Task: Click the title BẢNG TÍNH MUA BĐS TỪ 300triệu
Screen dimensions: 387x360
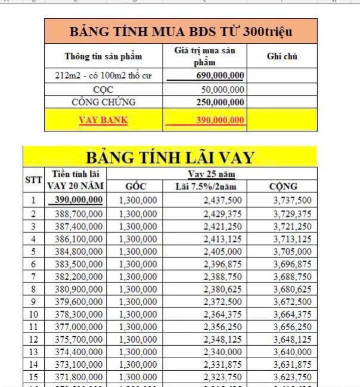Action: tap(181, 31)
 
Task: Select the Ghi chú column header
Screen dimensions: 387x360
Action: tap(282, 56)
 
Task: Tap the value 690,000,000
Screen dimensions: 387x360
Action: tap(220, 75)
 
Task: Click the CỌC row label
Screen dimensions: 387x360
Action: tap(103, 90)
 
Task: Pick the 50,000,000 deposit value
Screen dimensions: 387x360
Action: tap(222, 90)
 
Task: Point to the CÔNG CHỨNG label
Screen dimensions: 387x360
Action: tap(103, 102)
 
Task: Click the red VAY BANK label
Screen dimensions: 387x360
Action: tap(103, 120)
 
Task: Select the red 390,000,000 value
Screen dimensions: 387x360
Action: tap(220, 120)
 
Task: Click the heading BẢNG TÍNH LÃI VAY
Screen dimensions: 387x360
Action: tap(170, 157)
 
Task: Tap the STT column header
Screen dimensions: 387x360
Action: tap(33, 180)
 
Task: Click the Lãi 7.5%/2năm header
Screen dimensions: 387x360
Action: tap(206, 186)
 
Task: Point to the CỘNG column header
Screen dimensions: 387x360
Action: tap(283, 186)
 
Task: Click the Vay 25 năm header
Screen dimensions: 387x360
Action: tap(211, 174)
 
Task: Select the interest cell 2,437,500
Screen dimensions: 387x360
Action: tap(223, 200)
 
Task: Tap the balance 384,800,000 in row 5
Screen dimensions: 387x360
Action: tap(79, 252)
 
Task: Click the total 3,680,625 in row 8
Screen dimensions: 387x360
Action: tap(292, 289)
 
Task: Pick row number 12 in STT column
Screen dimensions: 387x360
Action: tap(33, 339)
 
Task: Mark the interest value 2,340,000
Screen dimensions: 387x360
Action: tap(223, 352)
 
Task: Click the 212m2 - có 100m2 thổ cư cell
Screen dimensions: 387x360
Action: tap(103, 76)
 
